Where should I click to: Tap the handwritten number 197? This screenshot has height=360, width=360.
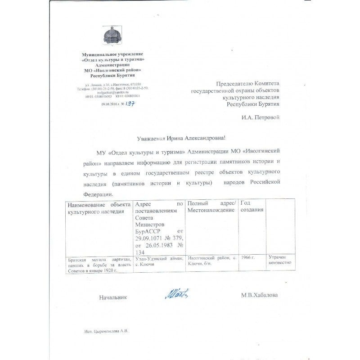coord(130,103)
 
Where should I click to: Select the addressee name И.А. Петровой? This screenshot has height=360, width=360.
coord(261,118)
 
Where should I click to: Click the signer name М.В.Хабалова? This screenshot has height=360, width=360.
coord(260,295)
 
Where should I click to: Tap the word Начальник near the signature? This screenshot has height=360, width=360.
coord(113,297)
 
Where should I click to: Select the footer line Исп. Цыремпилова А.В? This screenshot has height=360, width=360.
coord(106,331)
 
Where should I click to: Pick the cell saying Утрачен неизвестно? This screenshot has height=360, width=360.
coord(280,260)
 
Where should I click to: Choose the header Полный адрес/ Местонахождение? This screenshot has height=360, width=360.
coord(211,207)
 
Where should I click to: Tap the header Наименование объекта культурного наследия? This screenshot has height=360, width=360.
coord(99,207)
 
